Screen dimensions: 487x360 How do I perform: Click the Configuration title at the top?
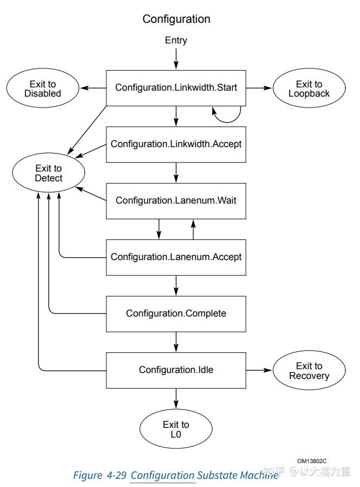point(176,19)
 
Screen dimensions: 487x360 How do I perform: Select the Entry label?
point(176,41)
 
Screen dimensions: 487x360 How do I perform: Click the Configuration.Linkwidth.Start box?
point(176,87)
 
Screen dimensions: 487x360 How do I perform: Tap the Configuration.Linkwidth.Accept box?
point(176,144)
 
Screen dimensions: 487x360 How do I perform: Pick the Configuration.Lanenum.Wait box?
point(176,200)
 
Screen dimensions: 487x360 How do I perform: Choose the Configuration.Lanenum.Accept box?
point(176,257)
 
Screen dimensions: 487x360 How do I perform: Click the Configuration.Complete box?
point(176,313)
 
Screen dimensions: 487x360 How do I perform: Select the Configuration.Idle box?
point(176,370)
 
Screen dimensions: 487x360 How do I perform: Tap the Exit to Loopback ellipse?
point(309,88)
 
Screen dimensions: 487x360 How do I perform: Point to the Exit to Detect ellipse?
point(49,173)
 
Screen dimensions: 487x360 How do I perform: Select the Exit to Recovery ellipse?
point(309,371)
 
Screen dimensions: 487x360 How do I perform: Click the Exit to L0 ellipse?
point(176,429)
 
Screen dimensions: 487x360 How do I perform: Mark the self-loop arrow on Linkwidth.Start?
point(227,113)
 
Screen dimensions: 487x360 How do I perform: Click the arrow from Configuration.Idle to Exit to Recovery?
point(259,370)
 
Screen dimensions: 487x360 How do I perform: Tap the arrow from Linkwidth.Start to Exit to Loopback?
point(259,88)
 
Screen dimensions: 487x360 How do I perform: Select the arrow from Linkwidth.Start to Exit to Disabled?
point(93,88)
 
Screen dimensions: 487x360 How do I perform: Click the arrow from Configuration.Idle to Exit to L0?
point(176,397)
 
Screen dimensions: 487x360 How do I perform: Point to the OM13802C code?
point(312,460)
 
